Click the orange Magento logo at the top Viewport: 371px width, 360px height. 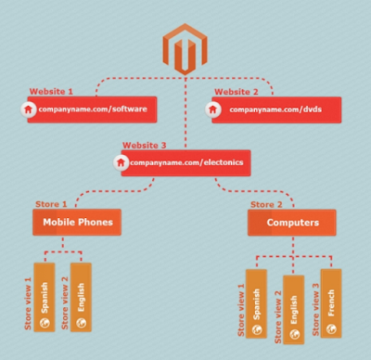click(x=185, y=49)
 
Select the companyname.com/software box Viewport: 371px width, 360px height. click(x=92, y=109)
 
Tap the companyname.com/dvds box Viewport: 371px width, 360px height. click(x=276, y=109)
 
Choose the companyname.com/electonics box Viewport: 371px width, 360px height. click(x=185, y=163)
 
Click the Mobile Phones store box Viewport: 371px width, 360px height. click(x=77, y=222)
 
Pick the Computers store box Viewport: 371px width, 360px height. click(x=292, y=223)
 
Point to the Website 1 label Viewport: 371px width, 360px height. click(x=51, y=92)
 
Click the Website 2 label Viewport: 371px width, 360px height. click(x=237, y=92)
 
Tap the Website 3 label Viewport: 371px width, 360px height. click(x=145, y=145)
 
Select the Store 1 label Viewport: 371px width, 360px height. click(x=51, y=204)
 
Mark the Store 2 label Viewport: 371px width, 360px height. click(x=266, y=204)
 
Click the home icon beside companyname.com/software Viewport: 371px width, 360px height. click(x=28, y=109)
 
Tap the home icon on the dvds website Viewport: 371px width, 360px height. click(x=212, y=109)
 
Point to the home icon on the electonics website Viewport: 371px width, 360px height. click(x=121, y=162)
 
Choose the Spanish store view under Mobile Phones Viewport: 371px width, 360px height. click(x=45, y=297)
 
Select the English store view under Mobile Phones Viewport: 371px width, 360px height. click(x=81, y=297)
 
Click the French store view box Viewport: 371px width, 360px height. click(x=331, y=303)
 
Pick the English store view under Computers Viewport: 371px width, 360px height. click(x=294, y=310)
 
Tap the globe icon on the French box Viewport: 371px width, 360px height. click(x=331, y=328)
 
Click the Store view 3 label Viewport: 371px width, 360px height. click(x=315, y=310)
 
